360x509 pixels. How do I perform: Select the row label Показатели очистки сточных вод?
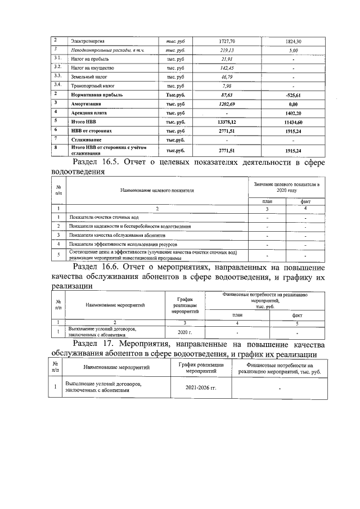coord(103,217)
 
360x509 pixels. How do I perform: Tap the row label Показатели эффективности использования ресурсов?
coord(123,245)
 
